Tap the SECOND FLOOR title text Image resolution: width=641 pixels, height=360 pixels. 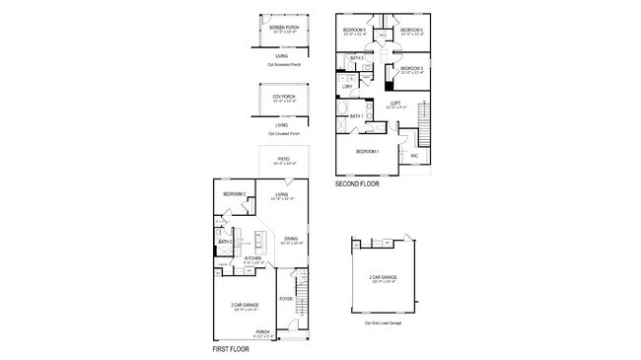(357, 183)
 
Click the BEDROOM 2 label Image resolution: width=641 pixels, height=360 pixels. (234, 194)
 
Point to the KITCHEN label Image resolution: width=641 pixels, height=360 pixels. (252, 258)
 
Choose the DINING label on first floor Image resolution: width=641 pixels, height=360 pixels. (291, 238)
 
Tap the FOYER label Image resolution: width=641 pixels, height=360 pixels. (285, 298)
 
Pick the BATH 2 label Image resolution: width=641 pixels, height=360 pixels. (224, 242)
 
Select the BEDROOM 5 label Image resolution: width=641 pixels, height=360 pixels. (354, 31)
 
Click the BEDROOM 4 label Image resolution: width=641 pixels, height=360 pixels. (411, 31)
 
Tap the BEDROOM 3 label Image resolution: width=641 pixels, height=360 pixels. (410, 67)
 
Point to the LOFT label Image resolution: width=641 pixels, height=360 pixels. (393, 103)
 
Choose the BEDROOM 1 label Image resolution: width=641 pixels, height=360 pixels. (367, 151)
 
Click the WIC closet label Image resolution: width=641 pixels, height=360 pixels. (414, 155)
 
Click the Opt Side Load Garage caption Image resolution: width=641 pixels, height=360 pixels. (383, 323)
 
